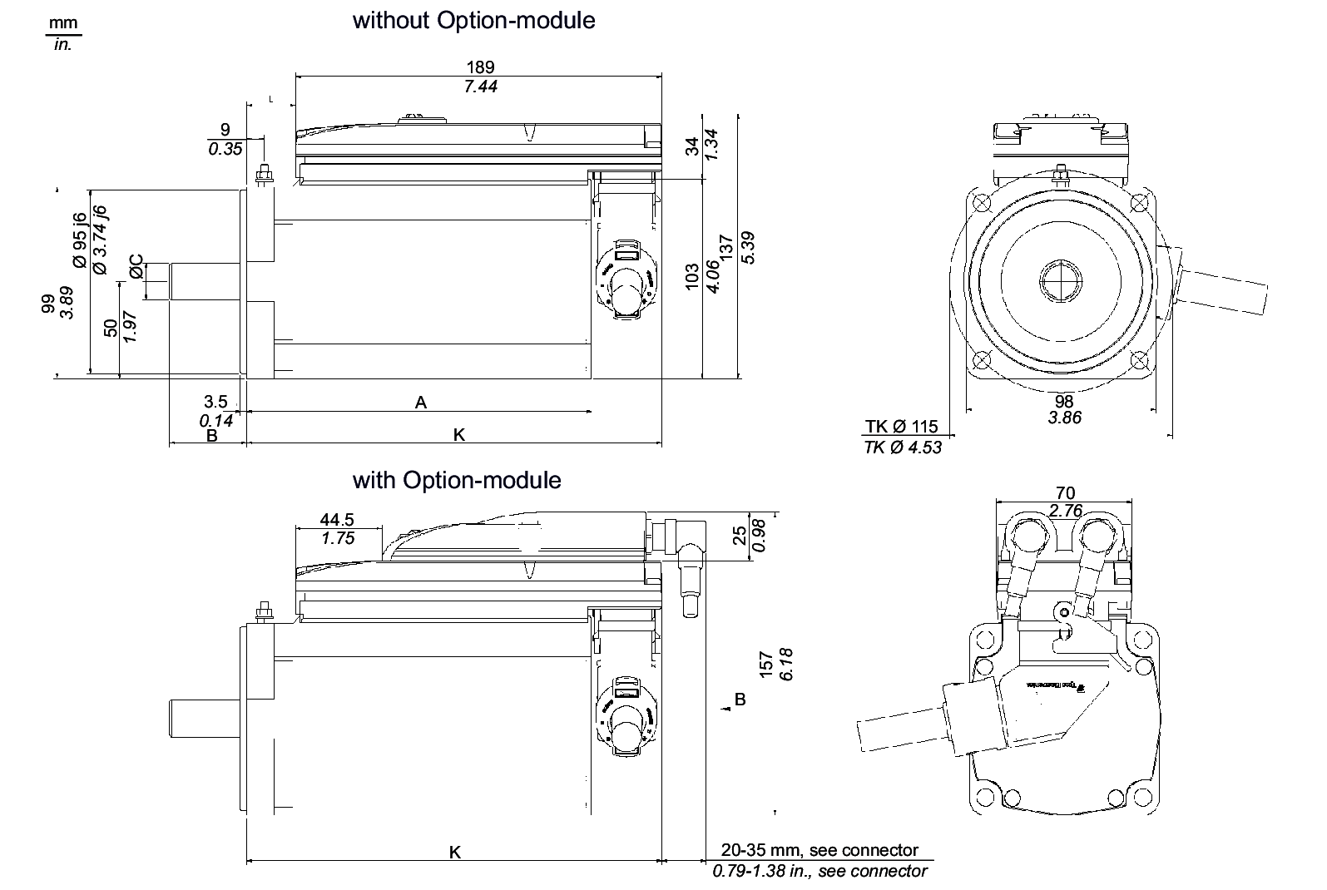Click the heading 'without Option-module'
pyautogui.click(x=473, y=20)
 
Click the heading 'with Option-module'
pyautogui.click(x=457, y=480)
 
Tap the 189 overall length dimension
pyautogui.click(x=480, y=67)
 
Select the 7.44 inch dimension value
pyautogui.click(x=480, y=87)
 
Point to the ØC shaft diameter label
pyautogui.click(x=137, y=267)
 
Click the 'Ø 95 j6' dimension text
pyautogui.click(x=80, y=240)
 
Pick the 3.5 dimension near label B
pyautogui.click(x=215, y=403)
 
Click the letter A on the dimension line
pyautogui.click(x=421, y=403)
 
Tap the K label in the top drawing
pyautogui.click(x=458, y=434)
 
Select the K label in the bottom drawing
pyautogui.click(x=454, y=852)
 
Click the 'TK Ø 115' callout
pyautogui.click(x=901, y=427)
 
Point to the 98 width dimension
pyautogui.click(x=1063, y=401)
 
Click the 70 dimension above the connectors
pyautogui.click(x=1064, y=494)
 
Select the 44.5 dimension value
pyautogui.click(x=338, y=520)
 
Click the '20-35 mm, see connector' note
pyautogui.click(x=819, y=850)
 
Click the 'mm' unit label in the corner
pyautogui.click(x=63, y=23)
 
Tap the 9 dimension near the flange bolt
pyautogui.click(x=225, y=130)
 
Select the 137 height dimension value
pyautogui.click(x=725, y=249)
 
